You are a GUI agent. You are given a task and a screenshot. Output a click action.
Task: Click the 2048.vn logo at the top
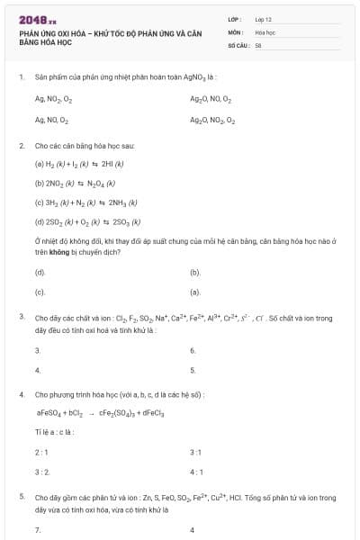(x=37, y=19)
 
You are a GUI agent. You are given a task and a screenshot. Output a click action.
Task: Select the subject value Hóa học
(x=265, y=31)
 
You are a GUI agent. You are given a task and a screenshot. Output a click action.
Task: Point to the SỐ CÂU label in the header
(x=238, y=44)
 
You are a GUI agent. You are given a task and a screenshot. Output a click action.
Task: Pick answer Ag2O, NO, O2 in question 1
(x=211, y=99)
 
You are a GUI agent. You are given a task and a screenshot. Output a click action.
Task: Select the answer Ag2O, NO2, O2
(x=212, y=119)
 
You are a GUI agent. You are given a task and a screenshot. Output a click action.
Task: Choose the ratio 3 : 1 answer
(x=196, y=451)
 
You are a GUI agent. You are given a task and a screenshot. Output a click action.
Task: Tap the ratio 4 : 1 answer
(x=196, y=471)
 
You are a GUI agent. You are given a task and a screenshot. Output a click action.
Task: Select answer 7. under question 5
(x=38, y=530)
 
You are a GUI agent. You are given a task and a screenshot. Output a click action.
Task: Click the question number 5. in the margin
(x=22, y=496)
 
